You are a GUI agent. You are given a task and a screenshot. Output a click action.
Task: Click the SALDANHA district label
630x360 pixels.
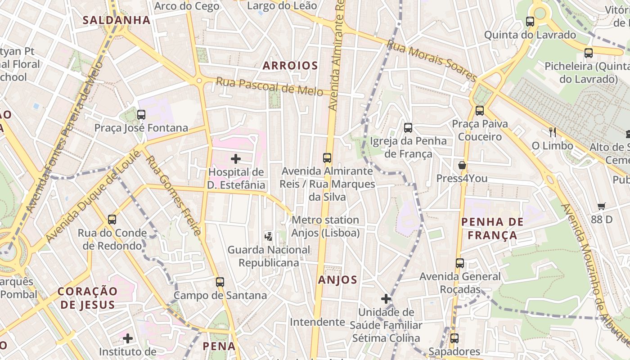tap(117, 20)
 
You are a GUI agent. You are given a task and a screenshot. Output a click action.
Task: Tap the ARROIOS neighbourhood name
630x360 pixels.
tap(290, 66)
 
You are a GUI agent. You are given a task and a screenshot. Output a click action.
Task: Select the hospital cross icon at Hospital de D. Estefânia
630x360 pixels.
tap(235, 158)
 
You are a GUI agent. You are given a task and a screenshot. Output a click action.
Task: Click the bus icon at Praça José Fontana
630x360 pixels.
tap(141, 114)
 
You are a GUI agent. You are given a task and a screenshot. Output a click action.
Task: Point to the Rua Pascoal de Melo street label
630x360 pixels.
tap(269, 86)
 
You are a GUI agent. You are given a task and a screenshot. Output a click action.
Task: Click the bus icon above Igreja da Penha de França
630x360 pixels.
tap(408, 127)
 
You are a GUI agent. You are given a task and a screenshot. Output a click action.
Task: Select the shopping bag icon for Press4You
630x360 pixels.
tap(462, 165)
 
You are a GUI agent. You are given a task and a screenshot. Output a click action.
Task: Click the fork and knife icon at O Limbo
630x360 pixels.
tap(553, 132)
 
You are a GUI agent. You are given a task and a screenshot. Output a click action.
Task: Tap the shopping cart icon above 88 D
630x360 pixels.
tap(602, 207)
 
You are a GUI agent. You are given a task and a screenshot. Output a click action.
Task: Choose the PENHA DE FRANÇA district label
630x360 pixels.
tap(493, 228)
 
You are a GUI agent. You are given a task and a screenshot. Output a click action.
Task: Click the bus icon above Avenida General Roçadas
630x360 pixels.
tap(459, 263)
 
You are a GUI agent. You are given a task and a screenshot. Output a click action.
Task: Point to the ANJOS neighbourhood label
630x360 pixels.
tap(337, 280)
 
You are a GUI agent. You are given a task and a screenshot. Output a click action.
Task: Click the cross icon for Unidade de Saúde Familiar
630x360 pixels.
tap(386, 298)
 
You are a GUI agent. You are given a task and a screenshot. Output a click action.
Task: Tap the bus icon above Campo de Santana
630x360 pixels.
tap(220, 282)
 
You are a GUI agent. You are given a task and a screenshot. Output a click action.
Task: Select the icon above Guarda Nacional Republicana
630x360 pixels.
tap(269, 235)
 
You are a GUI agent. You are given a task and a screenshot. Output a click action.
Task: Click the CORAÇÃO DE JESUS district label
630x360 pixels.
tap(87, 298)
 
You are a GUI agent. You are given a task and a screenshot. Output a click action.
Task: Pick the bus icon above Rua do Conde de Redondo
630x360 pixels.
tap(112, 220)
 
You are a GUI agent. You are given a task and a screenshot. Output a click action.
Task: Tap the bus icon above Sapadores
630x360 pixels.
tap(454, 338)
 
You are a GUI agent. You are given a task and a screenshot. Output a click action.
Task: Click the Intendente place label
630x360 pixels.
tap(317, 322)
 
